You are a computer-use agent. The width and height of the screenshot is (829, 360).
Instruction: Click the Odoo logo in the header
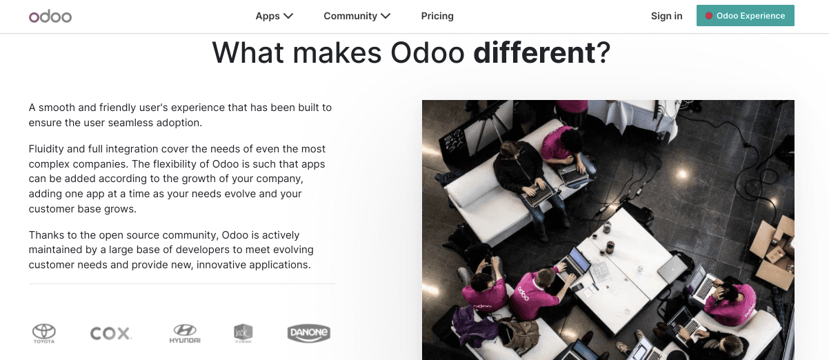50,16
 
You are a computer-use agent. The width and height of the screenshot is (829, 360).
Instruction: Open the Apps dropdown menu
274,16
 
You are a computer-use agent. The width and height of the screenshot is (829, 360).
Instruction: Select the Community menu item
350,16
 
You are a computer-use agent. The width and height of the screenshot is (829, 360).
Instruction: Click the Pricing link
437,16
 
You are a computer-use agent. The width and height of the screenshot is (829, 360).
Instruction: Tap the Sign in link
666,16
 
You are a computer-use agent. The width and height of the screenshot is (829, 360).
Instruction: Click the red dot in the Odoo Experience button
709,16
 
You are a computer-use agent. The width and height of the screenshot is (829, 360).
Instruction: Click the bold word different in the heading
534,53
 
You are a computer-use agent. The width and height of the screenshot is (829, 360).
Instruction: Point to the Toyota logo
44,334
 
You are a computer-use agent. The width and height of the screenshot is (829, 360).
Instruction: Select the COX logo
110,334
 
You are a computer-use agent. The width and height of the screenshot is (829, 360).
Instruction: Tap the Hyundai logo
185,334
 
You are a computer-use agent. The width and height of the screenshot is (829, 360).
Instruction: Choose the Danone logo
308,334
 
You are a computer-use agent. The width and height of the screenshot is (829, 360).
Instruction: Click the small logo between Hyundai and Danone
243,334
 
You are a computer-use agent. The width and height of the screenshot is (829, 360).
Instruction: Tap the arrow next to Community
386,16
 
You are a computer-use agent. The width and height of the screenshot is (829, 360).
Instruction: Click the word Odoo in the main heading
427,53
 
